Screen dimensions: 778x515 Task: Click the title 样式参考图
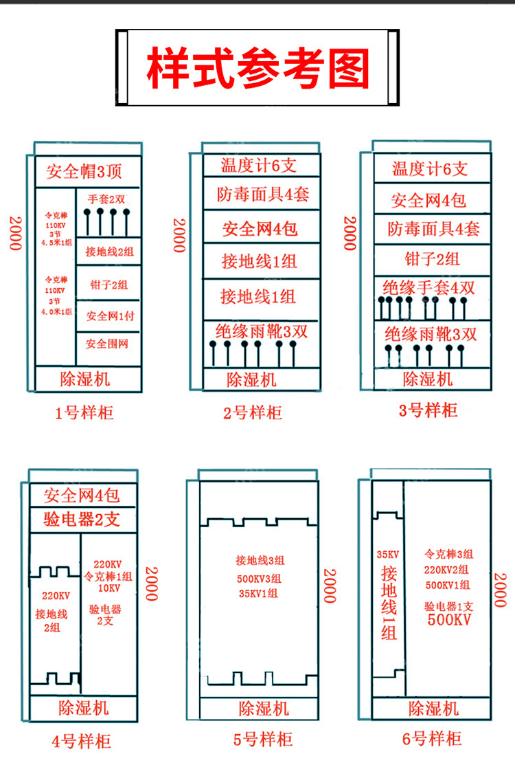pos(257,67)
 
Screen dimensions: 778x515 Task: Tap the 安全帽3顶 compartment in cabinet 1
pos(84,171)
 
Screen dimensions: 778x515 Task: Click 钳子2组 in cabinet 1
pos(108,284)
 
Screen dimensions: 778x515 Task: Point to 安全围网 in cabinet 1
pos(108,343)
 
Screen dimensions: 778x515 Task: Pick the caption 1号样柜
pos(84,412)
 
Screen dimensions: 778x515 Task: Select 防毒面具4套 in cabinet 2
pos(262,194)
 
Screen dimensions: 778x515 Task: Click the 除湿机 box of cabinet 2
pos(251,379)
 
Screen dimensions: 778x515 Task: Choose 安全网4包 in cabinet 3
pos(428,200)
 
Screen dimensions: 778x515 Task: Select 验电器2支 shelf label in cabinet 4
pos(82,519)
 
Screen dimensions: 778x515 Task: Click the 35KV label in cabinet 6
pos(388,554)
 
